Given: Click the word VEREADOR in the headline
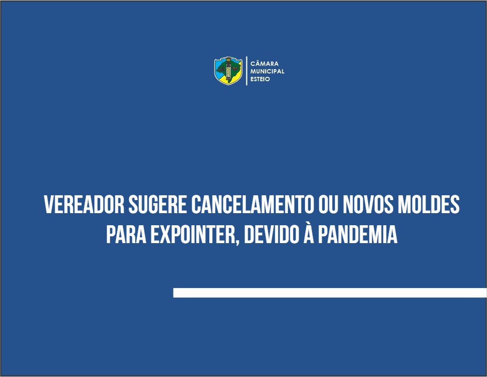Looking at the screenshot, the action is pos(84,204).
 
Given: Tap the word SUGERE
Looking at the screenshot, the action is pos(158,204).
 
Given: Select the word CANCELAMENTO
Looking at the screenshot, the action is pos(252,204).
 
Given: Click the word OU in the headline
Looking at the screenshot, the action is pos(329,204).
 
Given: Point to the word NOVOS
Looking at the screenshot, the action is pos(368,204).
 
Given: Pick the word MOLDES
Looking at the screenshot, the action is pos(429,204).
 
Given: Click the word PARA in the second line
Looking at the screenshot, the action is pos(126,234).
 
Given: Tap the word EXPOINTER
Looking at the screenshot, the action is pos(193,234).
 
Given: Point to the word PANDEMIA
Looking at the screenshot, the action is pos(358,234).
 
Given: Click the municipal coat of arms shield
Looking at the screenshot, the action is pos(228,71).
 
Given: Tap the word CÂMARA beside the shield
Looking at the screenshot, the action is pos(264,64).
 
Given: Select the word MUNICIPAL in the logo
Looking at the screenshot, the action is pos(267,71).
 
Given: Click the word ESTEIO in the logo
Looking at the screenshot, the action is pos(260,79).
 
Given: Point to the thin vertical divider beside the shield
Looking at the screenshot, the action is pos(246,71).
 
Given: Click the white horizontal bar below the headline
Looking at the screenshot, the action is pos(330,293).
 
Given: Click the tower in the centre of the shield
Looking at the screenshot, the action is pos(229,70).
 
